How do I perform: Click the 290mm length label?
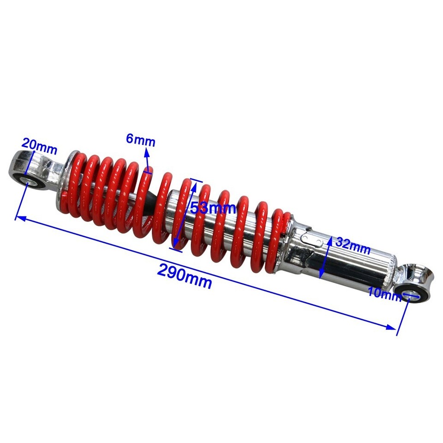(x=185, y=275)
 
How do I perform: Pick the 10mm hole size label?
(x=384, y=293)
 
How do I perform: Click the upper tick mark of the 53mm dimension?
(x=196, y=181)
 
